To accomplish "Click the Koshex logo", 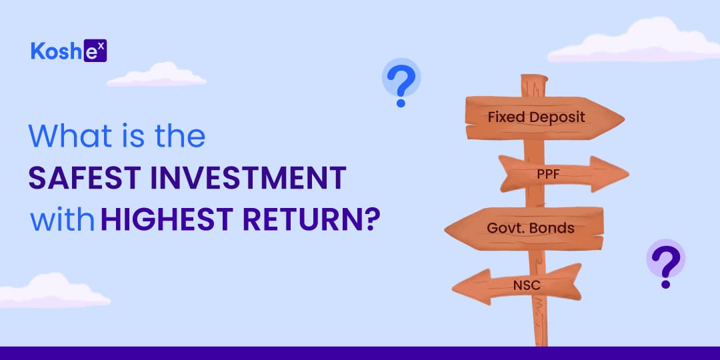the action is coord(69,51).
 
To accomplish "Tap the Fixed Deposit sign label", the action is coord(536,117).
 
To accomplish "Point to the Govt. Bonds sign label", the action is coord(531,228).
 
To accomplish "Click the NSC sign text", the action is coord(527,285).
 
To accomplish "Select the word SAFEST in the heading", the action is coord(82,178).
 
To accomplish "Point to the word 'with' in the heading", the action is coord(63,220).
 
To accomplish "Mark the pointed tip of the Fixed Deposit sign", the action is coord(624,119).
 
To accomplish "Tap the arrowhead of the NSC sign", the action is coord(471,287).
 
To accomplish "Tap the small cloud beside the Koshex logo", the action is coord(157,75).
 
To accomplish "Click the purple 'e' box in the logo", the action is coord(95,51).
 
